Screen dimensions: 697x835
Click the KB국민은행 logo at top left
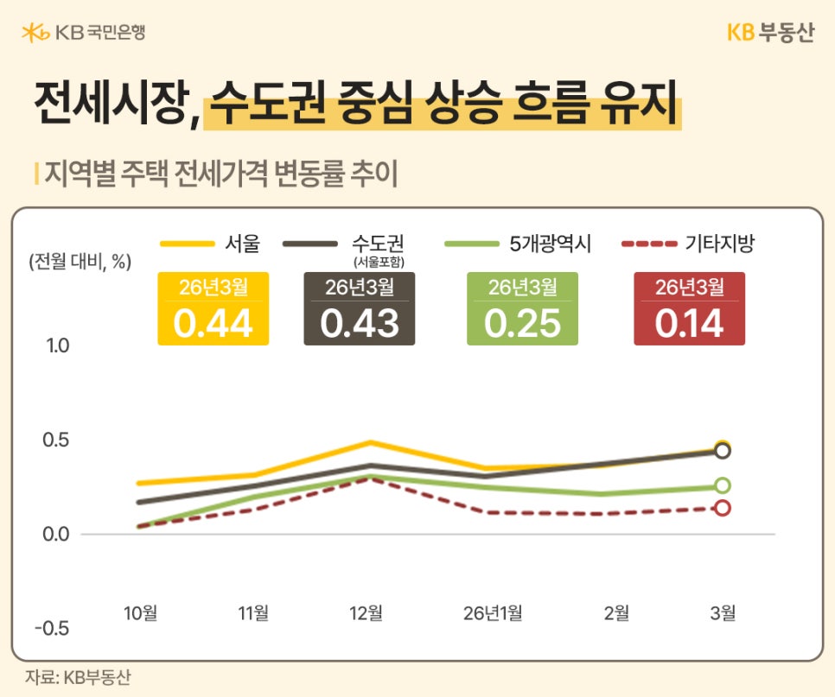(84, 33)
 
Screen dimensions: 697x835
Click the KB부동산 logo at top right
(770, 33)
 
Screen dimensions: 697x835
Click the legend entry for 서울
(211, 244)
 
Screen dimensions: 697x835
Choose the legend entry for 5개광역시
(519, 244)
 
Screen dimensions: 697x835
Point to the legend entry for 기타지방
(689, 244)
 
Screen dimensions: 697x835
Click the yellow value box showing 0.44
(213, 308)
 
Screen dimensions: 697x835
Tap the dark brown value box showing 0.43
(360, 308)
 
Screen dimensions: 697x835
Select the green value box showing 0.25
(522, 308)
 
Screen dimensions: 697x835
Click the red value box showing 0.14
(689, 308)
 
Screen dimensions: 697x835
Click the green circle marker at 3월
(723, 485)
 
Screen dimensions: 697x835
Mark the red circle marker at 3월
(723, 508)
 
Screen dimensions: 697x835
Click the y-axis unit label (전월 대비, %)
(80, 263)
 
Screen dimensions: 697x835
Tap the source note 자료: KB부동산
(78, 677)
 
